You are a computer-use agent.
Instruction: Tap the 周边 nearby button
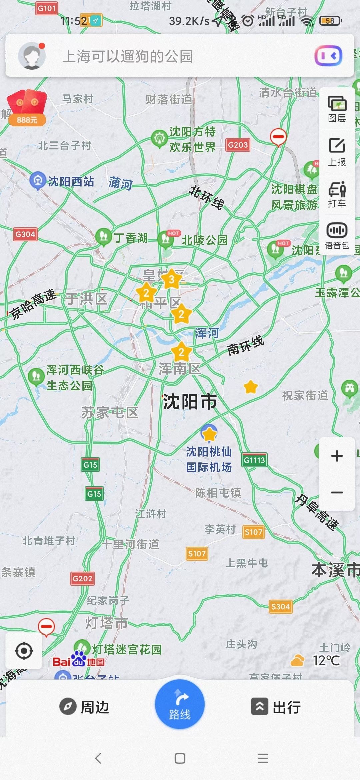tap(84, 707)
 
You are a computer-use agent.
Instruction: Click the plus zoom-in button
tap(337, 456)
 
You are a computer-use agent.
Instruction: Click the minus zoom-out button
tap(337, 492)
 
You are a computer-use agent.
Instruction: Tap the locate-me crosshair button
tap(24, 651)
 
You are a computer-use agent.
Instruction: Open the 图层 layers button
tap(337, 109)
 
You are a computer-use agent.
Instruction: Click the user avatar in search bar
tap(32, 56)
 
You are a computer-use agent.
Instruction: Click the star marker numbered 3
tap(171, 279)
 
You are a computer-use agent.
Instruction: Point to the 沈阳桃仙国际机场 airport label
tap(209, 459)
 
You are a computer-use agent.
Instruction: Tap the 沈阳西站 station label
tap(71, 182)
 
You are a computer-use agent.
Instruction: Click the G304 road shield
tap(25, 234)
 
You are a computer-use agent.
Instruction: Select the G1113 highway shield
tap(254, 460)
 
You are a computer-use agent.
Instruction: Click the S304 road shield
tap(280, 607)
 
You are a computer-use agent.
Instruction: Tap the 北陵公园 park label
tap(204, 240)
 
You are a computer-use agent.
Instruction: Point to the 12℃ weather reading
tap(326, 661)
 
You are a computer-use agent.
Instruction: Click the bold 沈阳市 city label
tap(190, 402)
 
